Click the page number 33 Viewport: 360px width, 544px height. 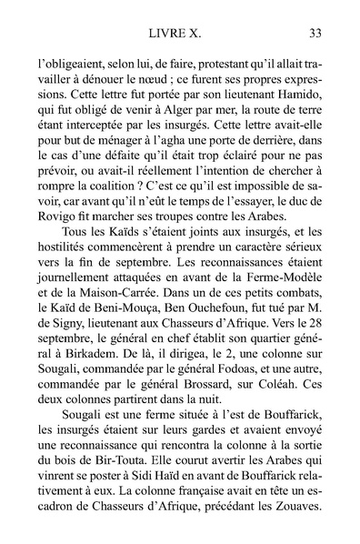click(316, 35)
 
